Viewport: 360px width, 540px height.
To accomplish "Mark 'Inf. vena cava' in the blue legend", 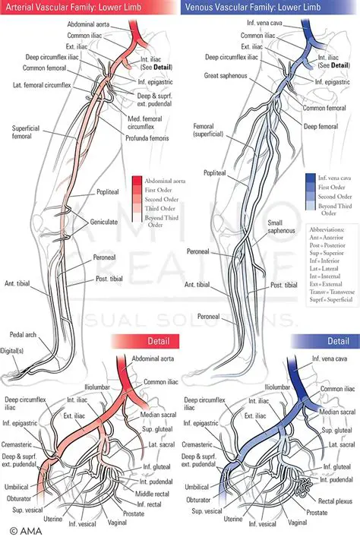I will (x=333, y=178).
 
